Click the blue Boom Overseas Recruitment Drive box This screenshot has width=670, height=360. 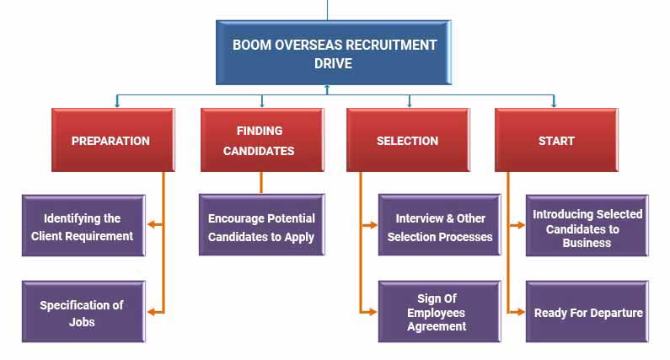coord(335,53)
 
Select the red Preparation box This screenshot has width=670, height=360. coord(111,141)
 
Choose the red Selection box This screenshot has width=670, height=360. coord(408,141)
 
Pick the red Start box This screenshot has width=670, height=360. coord(556,141)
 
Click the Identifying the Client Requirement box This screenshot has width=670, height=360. coord(83,227)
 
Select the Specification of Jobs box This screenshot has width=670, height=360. coord(83,313)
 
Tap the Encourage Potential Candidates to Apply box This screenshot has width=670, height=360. coord(261,227)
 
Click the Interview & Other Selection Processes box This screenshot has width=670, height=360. coord(440,227)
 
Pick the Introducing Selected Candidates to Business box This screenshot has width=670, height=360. coord(587,228)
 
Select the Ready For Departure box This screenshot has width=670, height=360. coord(588,313)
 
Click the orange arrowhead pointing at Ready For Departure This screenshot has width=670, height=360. coord(520,312)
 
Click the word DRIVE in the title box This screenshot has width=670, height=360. coord(335,63)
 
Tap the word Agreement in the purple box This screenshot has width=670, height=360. coord(437,326)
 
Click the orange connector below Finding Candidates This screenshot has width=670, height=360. coord(261,183)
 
